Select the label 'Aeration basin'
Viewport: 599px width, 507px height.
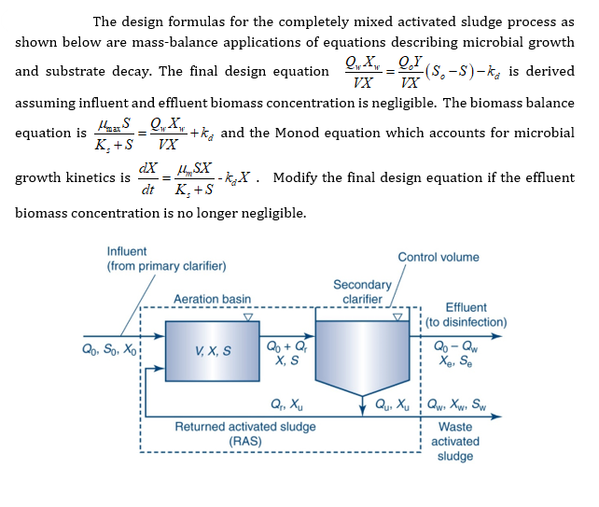[212, 300]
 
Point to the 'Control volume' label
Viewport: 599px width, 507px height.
[438, 257]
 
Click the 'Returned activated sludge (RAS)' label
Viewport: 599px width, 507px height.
[245, 433]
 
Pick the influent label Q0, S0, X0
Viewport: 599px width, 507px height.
[109, 351]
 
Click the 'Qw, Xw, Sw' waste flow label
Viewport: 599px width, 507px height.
[464, 405]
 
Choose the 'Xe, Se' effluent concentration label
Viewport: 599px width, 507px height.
[459, 360]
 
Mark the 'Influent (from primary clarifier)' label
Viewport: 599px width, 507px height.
[166, 259]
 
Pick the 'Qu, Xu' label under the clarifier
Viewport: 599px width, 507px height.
[392, 405]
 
